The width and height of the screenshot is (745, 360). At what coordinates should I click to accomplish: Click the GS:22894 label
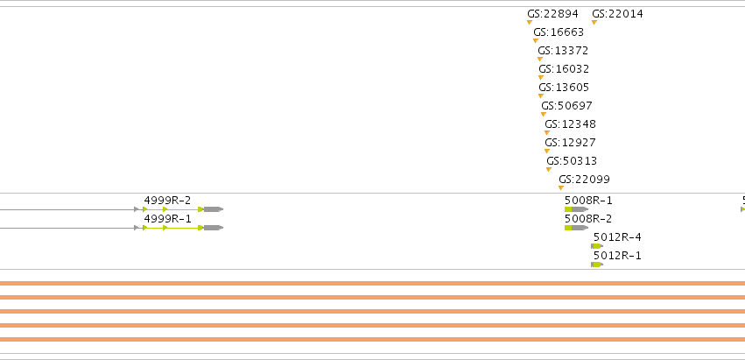pyautogui.click(x=552, y=14)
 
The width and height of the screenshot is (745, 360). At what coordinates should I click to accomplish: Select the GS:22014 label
pyautogui.click(x=617, y=14)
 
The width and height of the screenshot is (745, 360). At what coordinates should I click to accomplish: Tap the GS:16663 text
pyautogui.click(x=559, y=32)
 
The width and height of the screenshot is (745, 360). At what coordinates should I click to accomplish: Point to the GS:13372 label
pyautogui.click(x=563, y=51)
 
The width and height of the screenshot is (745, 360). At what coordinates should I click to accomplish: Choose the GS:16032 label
pyautogui.click(x=564, y=69)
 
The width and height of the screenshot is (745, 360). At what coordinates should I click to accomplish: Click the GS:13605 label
pyautogui.click(x=564, y=88)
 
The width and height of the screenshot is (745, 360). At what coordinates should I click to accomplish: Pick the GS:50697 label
pyautogui.click(x=566, y=106)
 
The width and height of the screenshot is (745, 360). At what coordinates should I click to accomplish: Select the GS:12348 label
pyautogui.click(x=570, y=124)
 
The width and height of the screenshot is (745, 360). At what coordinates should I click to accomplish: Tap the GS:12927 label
pyautogui.click(x=570, y=143)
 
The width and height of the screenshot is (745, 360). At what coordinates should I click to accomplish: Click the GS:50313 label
pyautogui.click(x=572, y=161)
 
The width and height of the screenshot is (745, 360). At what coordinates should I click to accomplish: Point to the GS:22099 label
pyautogui.click(x=584, y=180)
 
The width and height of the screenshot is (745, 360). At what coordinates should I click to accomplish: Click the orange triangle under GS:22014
pyautogui.click(x=594, y=23)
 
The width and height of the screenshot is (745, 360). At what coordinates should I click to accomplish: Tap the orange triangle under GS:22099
pyautogui.click(x=561, y=187)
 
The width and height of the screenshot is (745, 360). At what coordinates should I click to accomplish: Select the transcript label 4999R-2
pyautogui.click(x=167, y=201)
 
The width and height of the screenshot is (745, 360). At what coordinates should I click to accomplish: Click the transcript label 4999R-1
pyautogui.click(x=167, y=219)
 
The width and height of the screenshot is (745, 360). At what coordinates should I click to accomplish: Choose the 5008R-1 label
pyautogui.click(x=588, y=201)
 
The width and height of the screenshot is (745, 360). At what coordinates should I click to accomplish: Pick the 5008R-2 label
pyautogui.click(x=588, y=219)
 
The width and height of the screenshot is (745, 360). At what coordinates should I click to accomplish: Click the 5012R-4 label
pyautogui.click(x=617, y=236)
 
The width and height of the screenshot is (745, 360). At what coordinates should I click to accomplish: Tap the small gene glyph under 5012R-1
pyautogui.click(x=597, y=265)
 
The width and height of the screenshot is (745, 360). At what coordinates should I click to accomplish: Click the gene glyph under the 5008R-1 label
pyautogui.click(x=576, y=209)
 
